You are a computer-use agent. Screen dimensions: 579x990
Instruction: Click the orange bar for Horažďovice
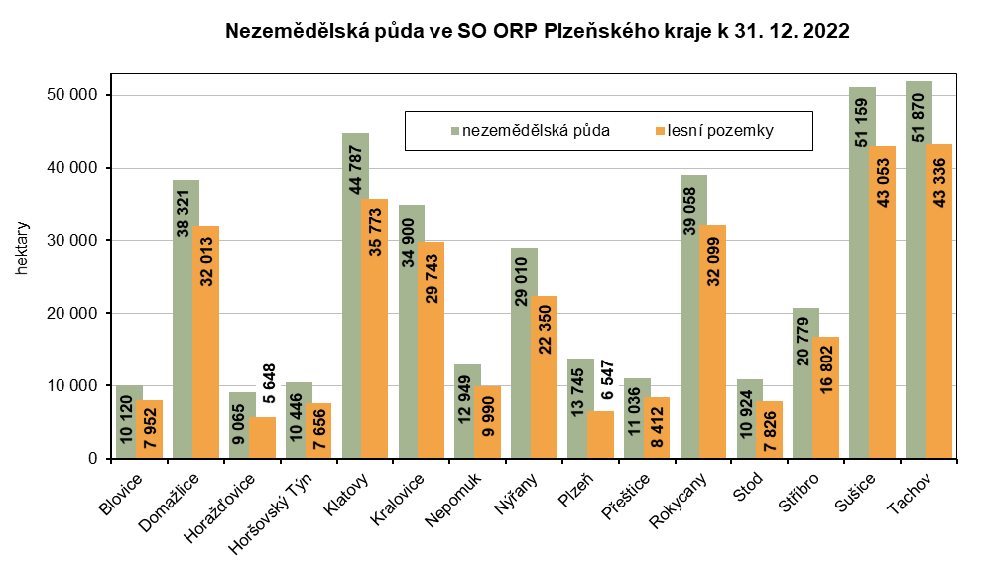pos(263,437)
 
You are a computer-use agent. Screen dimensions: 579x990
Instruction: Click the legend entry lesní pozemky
pos(720,130)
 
